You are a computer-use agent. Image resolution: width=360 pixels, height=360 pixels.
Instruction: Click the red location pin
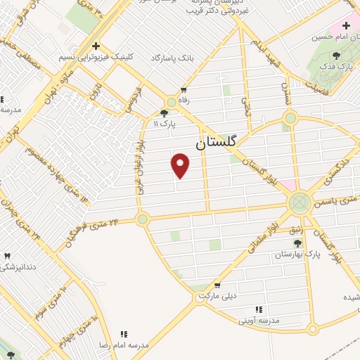click(x=181, y=166)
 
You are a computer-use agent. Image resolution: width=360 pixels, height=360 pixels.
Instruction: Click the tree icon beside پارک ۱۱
click(x=164, y=112)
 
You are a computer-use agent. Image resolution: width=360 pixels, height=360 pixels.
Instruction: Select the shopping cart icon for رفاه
click(x=184, y=90)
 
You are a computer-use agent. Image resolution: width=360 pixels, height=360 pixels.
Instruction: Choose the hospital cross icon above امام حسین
click(x=346, y=25)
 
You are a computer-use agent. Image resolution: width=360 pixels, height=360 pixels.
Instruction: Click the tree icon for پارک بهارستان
click(x=297, y=243)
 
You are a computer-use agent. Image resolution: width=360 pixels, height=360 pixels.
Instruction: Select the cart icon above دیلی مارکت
click(x=217, y=285)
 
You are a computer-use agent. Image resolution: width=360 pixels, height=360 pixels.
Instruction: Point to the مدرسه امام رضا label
click(x=129, y=345)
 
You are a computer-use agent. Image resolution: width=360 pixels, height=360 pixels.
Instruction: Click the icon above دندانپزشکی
click(x=8, y=257)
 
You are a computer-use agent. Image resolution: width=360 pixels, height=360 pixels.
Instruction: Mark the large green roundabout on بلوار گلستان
click(x=300, y=203)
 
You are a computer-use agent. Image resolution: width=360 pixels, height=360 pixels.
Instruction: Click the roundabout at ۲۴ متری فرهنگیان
click(x=143, y=219)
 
